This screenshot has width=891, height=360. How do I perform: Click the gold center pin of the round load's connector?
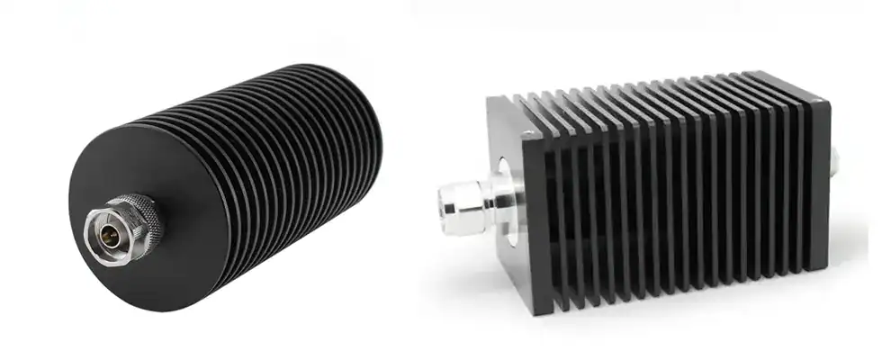click(x=105, y=233)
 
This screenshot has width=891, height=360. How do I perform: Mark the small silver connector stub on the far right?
click(x=834, y=161)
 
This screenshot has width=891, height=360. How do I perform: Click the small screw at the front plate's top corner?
click(x=526, y=136)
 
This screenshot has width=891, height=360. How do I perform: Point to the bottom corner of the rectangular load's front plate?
click(x=541, y=310)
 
